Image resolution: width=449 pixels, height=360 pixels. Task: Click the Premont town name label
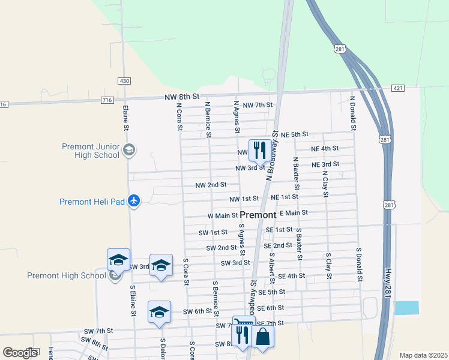[x=258, y=214]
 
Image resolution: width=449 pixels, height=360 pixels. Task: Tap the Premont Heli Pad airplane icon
[x=134, y=201]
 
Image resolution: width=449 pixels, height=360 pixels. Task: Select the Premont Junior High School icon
[x=128, y=150]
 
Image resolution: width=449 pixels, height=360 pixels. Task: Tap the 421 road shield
[x=398, y=88]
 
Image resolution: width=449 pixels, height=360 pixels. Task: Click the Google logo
[x=20, y=353]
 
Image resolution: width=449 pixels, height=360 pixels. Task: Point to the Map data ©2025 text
[x=423, y=355]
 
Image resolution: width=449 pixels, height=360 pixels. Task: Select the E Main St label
[x=294, y=212]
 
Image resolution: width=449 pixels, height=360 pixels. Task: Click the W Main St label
[x=223, y=215]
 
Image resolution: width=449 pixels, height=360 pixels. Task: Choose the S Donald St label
[x=360, y=265]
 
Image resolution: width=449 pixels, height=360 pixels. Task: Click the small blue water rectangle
[x=407, y=308]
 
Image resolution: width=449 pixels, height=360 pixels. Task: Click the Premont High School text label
[x=65, y=275]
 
